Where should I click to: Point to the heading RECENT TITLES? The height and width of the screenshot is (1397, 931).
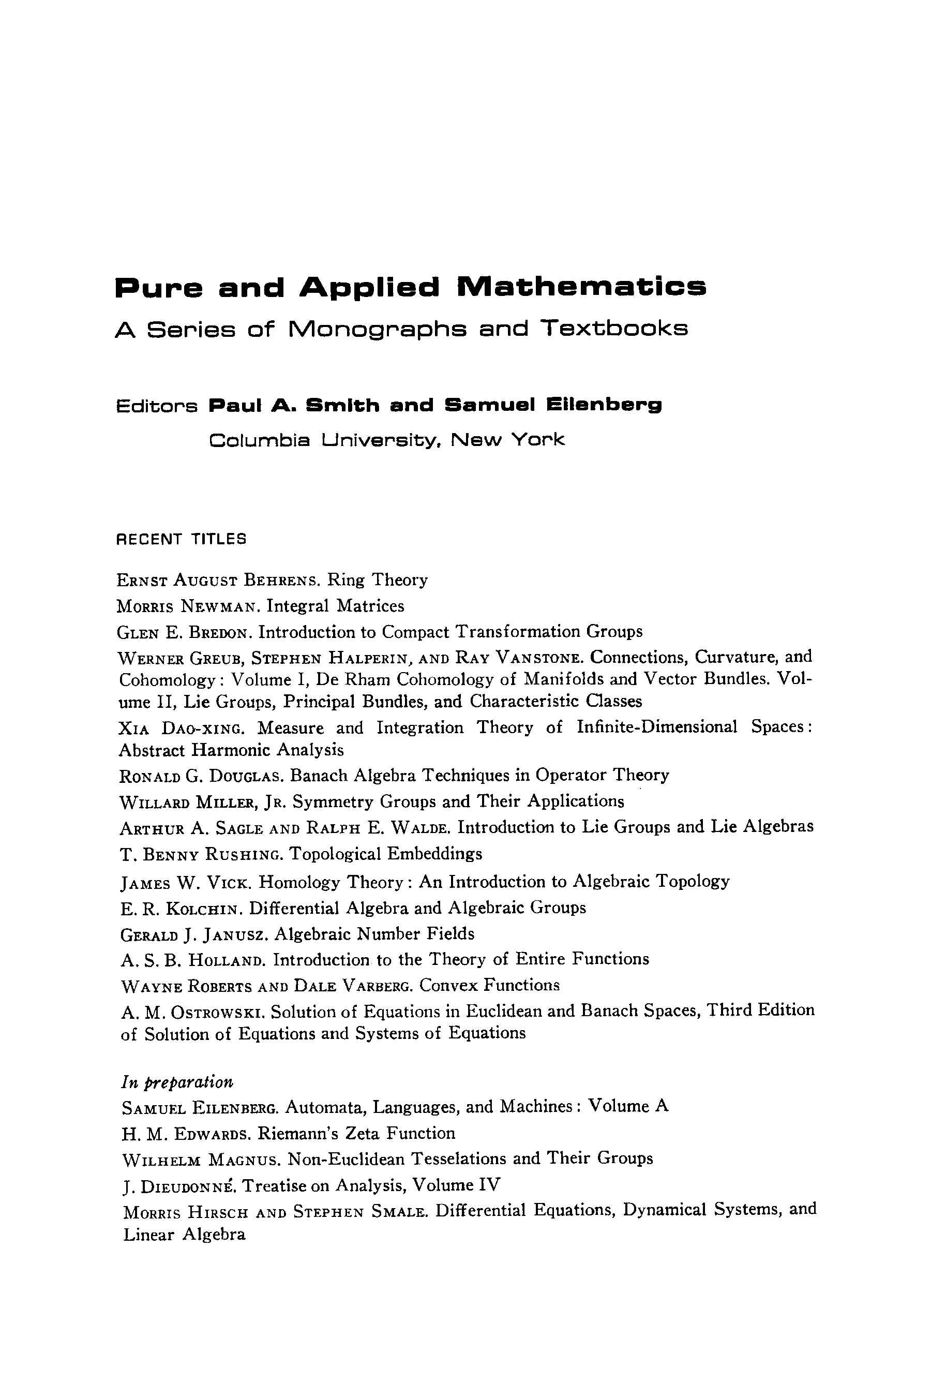click(181, 539)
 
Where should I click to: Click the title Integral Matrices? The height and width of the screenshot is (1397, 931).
click(336, 606)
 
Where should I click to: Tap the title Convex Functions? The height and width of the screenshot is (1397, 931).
click(489, 985)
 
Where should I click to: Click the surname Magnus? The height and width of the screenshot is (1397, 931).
click(244, 1160)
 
